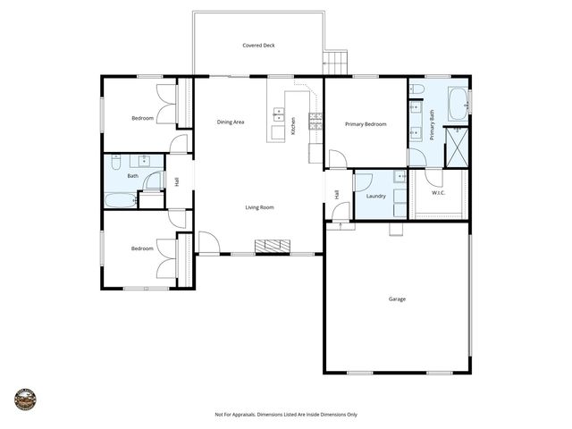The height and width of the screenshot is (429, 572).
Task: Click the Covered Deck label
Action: [x=258, y=46]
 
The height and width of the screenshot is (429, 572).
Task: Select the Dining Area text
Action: [x=231, y=122]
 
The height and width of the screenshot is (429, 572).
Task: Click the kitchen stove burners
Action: [x=315, y=121]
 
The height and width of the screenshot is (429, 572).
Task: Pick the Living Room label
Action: [x=260, y=207]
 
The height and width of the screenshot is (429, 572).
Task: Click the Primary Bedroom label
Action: [x=366, y=124]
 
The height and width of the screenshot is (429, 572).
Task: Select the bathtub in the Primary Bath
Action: [x=458, y=103]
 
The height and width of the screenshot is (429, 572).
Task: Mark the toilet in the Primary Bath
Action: [x=416, y=89]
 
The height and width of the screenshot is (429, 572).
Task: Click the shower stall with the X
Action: [x=457, y=147]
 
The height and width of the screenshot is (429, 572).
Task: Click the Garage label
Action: [x=397, y=299]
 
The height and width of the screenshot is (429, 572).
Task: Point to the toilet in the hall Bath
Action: [x=115, y=163]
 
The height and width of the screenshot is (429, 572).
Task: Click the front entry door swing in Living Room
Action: [x=208, y=242]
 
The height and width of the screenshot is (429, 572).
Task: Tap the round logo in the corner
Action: [x=25, y=399]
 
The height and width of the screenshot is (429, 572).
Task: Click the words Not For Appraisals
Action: [x=234, y=415]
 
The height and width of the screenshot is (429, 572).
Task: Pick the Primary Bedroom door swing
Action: [x=337, y=159]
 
